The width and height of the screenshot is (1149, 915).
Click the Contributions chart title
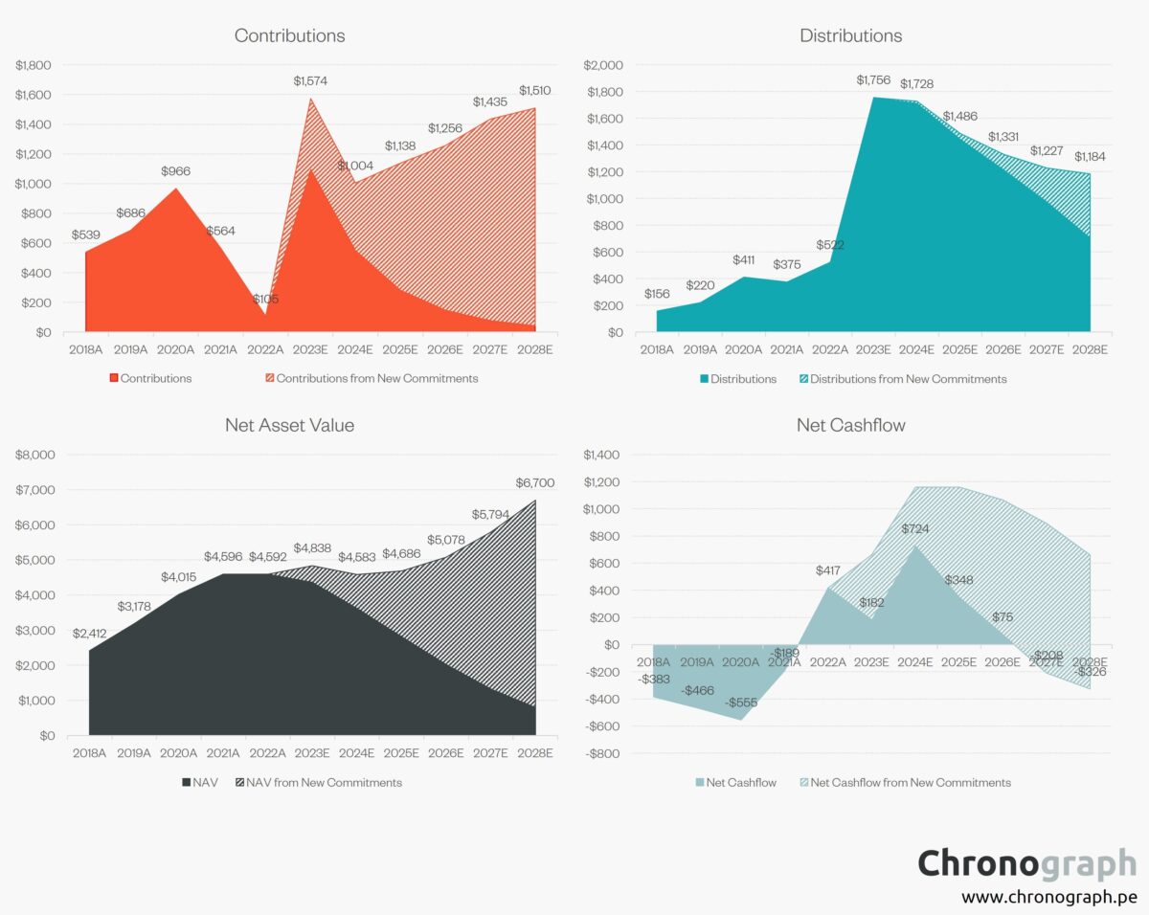289,35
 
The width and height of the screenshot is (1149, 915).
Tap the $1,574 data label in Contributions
309,81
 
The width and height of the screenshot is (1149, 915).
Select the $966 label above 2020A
173,171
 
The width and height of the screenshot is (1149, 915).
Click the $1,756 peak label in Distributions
874,79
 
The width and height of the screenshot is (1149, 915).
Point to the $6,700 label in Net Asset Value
535,482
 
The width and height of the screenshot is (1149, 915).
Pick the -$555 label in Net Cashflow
739,703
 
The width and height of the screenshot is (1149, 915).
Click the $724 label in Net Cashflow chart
914,528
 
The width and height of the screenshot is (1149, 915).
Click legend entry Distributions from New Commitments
908,379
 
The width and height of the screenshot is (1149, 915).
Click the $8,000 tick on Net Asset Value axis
35,455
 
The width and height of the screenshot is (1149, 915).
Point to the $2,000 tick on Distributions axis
603,65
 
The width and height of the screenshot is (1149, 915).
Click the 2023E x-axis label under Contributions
309,350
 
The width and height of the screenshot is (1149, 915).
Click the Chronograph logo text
1025,863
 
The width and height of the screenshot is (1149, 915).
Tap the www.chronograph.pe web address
1048,897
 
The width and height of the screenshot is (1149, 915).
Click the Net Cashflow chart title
850,425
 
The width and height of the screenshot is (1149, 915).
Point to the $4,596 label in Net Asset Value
222,556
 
